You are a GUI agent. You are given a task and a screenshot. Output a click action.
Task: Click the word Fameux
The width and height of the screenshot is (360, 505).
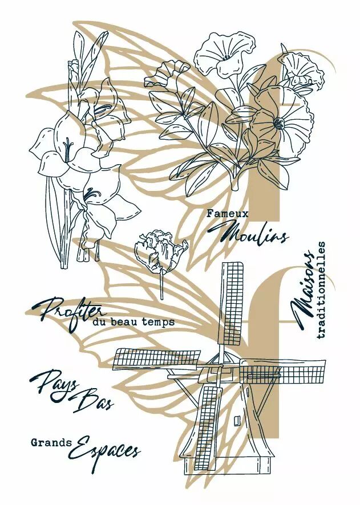point(228,214)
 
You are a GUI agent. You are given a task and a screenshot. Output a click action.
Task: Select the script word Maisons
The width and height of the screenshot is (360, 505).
point(302,291)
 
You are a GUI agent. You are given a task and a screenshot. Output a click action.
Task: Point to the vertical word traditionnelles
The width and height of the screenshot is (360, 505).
point(321,290)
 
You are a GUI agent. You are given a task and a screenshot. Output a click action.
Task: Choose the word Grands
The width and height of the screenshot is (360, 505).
point(51,442)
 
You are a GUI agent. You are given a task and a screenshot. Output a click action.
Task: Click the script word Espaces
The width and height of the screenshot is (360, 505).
point(105,447)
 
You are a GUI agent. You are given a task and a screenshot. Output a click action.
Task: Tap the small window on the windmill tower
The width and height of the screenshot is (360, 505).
point(237,420)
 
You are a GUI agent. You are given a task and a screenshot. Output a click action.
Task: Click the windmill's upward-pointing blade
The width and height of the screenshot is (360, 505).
point(230,303)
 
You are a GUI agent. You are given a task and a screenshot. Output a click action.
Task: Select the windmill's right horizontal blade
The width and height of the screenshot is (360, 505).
point(281,370)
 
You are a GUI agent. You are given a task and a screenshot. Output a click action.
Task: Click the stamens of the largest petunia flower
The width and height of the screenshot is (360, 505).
point(279,123)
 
